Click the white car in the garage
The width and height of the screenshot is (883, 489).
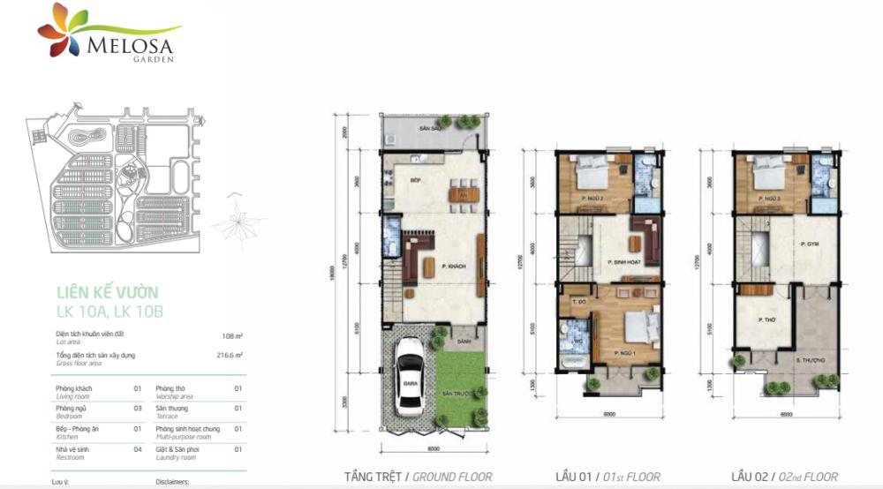[409, 375]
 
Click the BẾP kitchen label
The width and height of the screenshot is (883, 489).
[415, 179]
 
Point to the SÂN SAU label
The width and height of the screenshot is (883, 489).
[429, 129]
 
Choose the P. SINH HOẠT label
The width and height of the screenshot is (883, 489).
[623, 262]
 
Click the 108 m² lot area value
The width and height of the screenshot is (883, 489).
[232, 335]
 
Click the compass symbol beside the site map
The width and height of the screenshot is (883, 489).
[238, 214]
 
